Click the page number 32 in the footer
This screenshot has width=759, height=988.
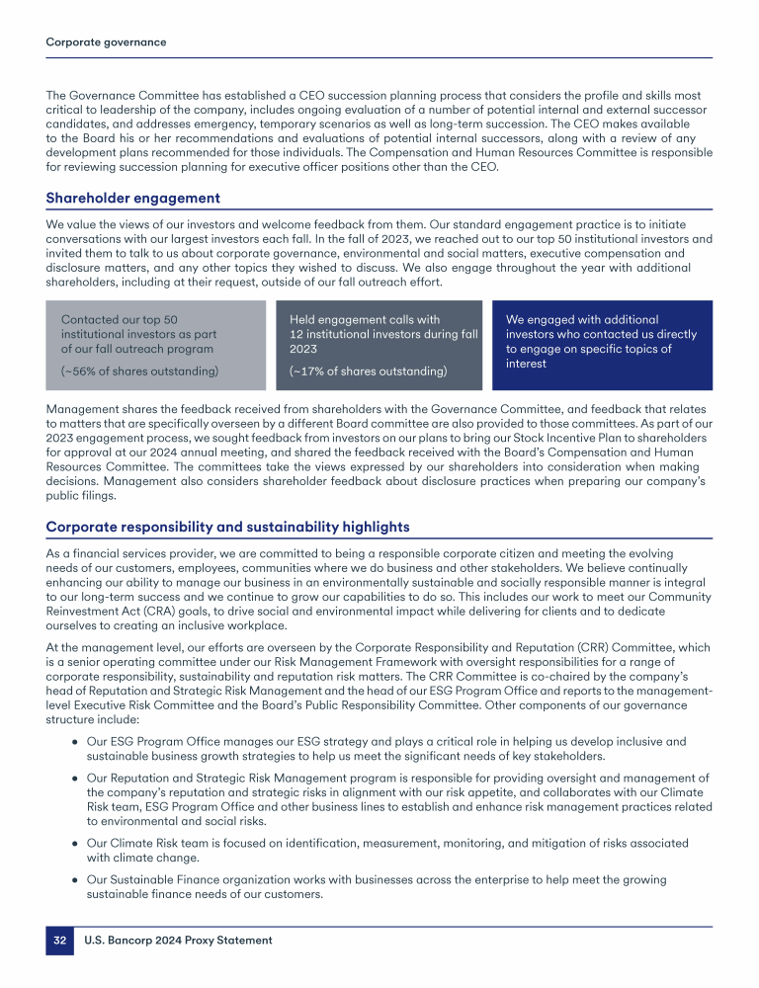click(x=59, y=941)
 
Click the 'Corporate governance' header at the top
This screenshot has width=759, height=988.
click(x=106, y=42)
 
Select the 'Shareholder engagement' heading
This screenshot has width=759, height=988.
click(x=132, y=198)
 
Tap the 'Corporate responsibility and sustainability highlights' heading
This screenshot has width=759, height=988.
click(x=227, y=527)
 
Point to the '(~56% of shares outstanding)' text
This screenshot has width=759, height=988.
click(x=139, y=370)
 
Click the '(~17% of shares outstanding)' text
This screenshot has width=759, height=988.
click(x=368, y=371)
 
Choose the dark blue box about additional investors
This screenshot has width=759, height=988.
click(x=601, y=344)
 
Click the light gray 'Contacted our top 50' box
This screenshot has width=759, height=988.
click(x=155, y=344)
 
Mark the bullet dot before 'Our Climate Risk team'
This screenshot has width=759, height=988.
click(x=75, y=843)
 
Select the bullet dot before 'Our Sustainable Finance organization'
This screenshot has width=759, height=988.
click(x=75, y=879)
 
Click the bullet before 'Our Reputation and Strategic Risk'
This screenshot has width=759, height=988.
click(x=75, y=778)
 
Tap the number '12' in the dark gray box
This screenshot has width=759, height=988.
click(x=297, y=334)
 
